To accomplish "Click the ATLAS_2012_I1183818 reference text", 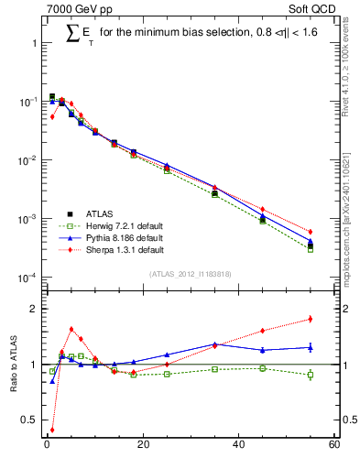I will click(x=190, y=274).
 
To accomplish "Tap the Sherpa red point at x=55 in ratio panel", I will click(x=311, y=319).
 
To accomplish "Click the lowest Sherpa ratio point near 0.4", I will click(x=52, y=429).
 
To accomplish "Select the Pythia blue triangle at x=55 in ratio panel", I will click(x=311, y=347).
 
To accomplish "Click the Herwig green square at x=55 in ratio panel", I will click(x=311, y=375).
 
